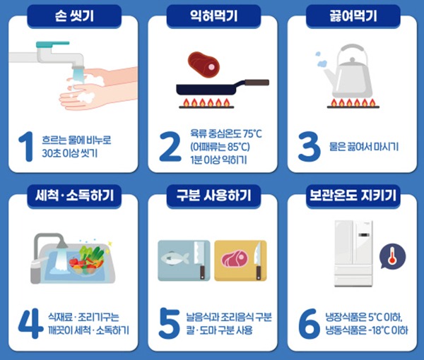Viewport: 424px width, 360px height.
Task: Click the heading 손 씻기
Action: pyautogui.click(x=74, y=16)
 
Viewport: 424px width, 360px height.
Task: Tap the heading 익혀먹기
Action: pyautogui.click(x=213, y=16)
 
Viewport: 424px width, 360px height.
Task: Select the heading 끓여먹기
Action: pyautogui.click(x=353, y=16)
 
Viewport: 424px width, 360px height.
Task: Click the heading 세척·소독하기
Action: pyautogui.click(x=74, y=196)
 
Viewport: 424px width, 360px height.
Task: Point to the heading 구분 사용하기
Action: pyautogui.click(x=213, y=196)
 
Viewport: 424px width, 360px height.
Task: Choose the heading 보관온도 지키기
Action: pyautogui.click(x=353, y=196)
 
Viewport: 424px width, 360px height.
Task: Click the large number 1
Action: pyautogui.click(x=26, y=147)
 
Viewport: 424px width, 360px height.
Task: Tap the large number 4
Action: pyautogui.click(x=30, y=323)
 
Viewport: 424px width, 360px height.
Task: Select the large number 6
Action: pyautogui.click(x=309, y=323)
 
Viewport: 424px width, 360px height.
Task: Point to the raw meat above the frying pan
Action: pyautogui.click(x=204, y=64)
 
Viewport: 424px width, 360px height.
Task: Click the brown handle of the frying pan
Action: pyautogui.click(x=257, y=83)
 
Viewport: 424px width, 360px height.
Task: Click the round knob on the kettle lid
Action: pyautogui.click(x=352, y=59)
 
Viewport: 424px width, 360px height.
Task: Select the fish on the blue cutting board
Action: pyautogui.click(x=175, y=258)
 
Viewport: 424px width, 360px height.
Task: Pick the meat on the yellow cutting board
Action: pyautogui.click(x=235, y=258)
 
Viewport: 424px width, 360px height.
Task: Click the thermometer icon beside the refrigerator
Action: pyautogui.click(x=392, y=256)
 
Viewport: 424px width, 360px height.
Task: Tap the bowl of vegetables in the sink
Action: pyautogui.click(x=86, y=260)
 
